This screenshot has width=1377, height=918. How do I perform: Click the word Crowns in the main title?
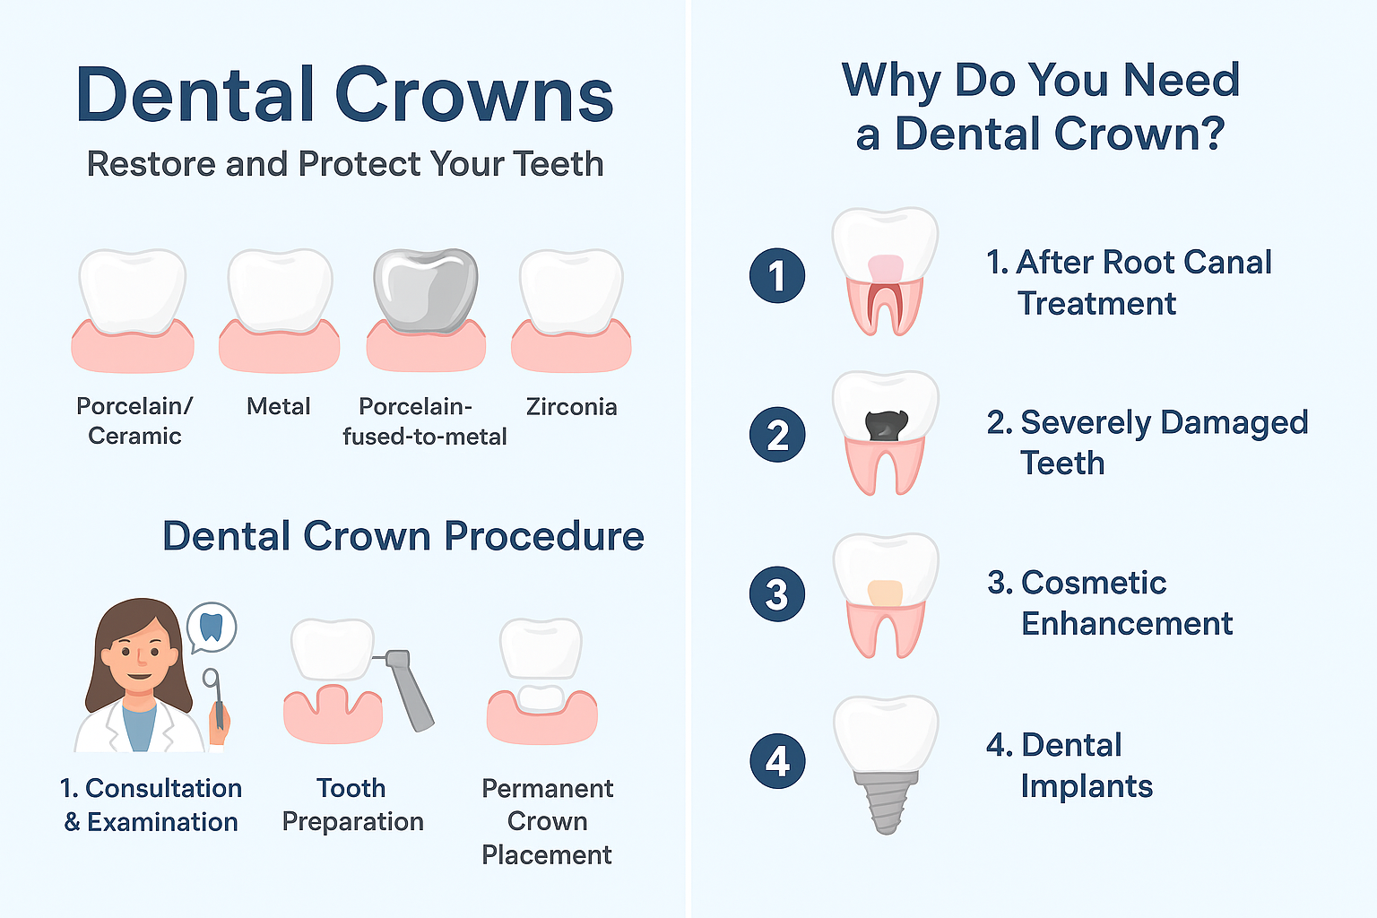474,95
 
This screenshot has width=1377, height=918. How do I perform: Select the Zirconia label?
571,407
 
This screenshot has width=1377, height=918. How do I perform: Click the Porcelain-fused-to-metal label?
425,421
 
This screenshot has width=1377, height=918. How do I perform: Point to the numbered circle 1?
777,275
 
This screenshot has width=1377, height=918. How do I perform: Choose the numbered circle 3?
777,594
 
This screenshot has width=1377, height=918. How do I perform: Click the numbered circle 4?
777,761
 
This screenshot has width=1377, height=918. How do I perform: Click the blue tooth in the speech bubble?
212,627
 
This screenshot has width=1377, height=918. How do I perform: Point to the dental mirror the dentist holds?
214,697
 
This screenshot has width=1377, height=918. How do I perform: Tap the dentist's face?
140,657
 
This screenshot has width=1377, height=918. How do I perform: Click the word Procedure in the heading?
544,536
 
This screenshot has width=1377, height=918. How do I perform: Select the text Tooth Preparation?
353,805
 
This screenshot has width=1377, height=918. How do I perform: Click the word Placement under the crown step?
547,855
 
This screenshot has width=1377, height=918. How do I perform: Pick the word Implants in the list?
1087,786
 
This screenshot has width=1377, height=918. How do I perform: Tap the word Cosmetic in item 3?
1094,583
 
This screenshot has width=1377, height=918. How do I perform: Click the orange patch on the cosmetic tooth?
885,593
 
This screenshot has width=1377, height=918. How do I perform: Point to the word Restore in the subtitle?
152,164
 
